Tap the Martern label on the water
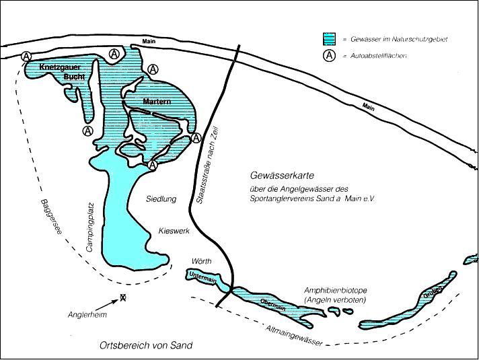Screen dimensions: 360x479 [x=157, y=102]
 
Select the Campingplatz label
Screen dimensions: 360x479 [x=89, y=226]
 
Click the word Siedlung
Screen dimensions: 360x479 [x=161, y=199]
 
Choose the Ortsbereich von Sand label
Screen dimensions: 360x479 [x=145, y=345]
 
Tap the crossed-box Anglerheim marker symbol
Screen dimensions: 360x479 [x=122, y=297]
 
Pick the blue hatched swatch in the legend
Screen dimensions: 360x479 [x=329, y=39]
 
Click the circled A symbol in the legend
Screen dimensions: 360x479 [x=329, y=55]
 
